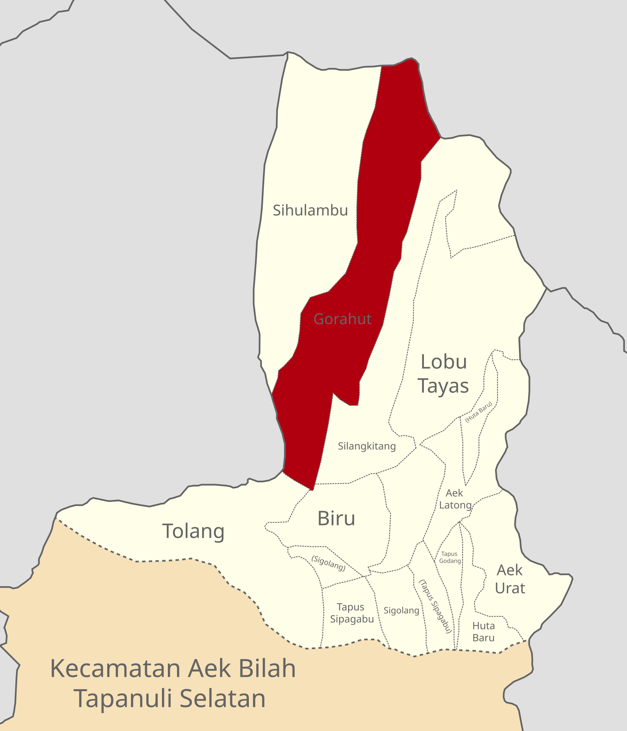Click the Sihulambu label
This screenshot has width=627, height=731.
click(x=310, y=210)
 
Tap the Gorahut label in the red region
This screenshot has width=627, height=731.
click(x=342, y=319)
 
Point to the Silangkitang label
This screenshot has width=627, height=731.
click(x=367, y=446)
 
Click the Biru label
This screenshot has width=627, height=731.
click(x=336, y=519)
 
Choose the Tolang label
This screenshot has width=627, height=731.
click(x=193, y=531)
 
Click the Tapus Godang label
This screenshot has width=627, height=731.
click(x=450, y=557)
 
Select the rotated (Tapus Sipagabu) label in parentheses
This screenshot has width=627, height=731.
click(x=435, y=606)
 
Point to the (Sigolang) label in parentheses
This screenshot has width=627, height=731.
click(x=328, y=563)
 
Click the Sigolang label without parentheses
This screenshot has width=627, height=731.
click(x=401, y=611)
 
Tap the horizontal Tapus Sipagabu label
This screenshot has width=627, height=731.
click(x=352, y=613)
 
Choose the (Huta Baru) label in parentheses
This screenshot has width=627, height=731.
click(x=478, y=412)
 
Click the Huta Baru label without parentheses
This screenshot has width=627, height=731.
click(x=483, y=632)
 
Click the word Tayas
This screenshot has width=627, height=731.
click(x=443, y=386)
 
